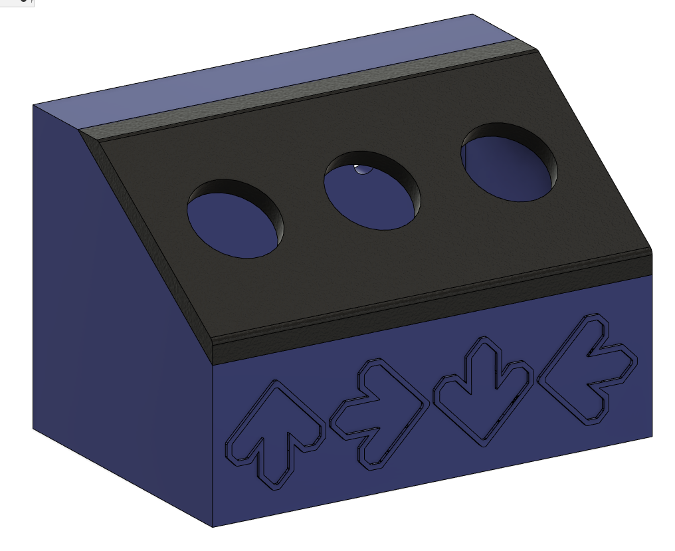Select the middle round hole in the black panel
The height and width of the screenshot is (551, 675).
pos(372,192)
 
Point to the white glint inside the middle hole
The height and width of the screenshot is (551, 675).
pos(361,169)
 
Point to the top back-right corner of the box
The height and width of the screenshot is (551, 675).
pos(472,14)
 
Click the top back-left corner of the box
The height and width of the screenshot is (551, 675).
pos(33,105)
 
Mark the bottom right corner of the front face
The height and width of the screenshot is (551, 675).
pos(652,436)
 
